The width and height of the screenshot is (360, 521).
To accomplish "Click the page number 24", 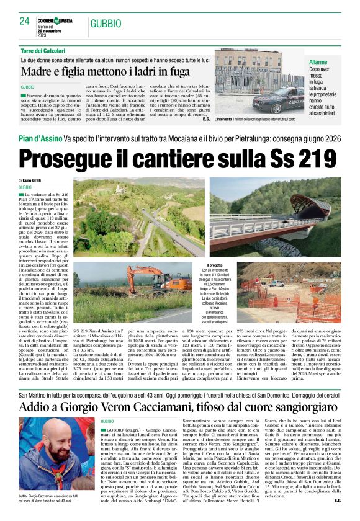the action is point(24,20).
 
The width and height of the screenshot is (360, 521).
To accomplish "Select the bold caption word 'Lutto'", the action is point(24,497).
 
